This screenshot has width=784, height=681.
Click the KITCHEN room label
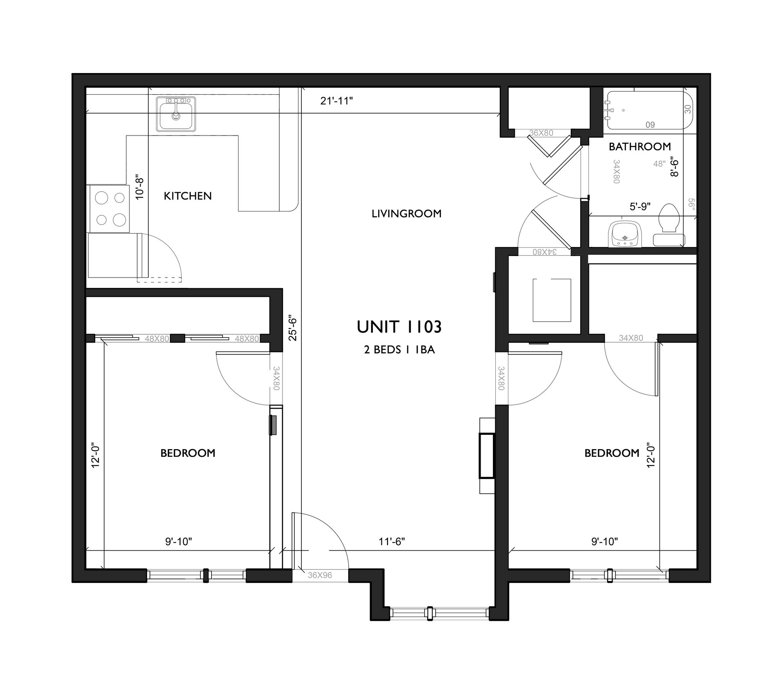tap(188, 196)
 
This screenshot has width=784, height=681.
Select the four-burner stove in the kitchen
tap(109, 209)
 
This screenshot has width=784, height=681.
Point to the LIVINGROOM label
tap(406, 214)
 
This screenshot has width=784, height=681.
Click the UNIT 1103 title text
tap(399, 327)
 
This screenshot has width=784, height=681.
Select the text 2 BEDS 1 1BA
tap(399, 350)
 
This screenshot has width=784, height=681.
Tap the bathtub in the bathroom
tap(650, 110)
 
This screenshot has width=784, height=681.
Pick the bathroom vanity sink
tap(625, 234)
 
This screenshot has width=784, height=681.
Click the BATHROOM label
tap(640, 147)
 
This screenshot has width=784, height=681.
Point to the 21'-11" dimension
tap(336, 101)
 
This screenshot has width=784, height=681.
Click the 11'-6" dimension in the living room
tap(392, 541)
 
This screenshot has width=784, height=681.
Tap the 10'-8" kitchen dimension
tap(140, 186)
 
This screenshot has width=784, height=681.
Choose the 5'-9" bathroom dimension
tap(640, 207)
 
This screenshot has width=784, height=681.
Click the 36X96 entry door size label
tap(320, 575)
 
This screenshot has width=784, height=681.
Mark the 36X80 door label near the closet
tap(541, 133)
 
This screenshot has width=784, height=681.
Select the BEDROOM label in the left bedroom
tap(188, 453)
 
